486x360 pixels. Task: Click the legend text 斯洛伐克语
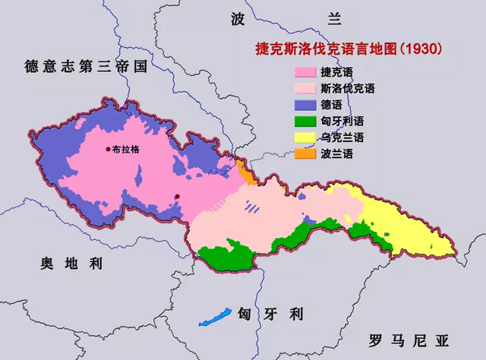point(348,89)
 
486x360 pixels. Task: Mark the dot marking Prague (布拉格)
point(109,149)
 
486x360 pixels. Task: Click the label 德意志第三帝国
point(84,66)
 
